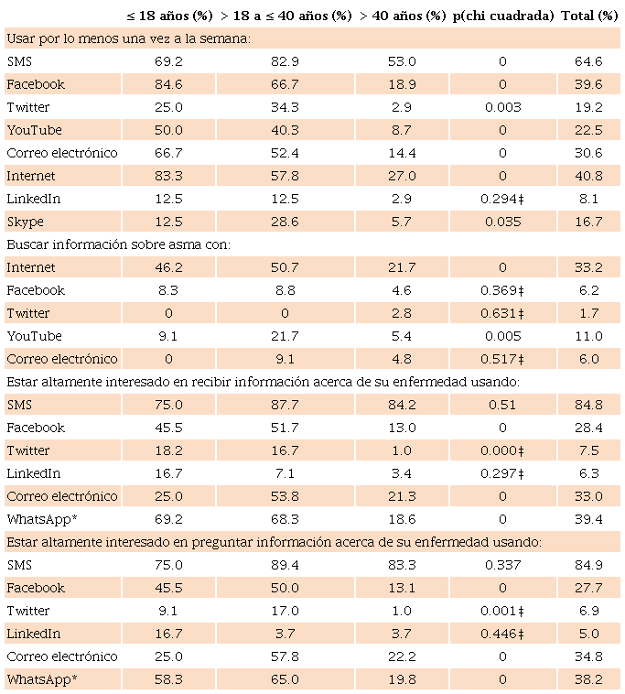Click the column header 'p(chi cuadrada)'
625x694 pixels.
502,16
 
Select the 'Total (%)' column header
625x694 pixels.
589,16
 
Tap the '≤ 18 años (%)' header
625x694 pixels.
169,16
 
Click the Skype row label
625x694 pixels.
25,222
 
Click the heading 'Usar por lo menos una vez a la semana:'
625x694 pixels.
128,38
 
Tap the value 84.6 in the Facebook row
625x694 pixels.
169,84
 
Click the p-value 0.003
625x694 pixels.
502,107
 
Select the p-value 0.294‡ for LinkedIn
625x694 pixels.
502,199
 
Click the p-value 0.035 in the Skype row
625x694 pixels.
502,222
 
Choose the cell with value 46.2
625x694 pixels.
169,267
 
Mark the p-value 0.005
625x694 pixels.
502,336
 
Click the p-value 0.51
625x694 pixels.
502,405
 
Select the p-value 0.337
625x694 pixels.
502,565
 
